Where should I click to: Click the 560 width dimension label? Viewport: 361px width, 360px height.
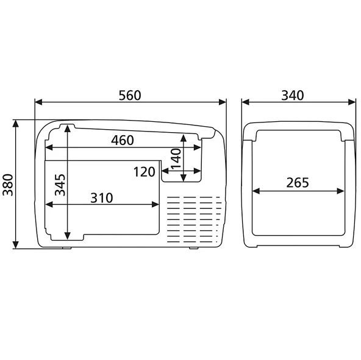tap(130, 96)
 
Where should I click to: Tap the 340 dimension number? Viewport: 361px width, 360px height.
tap(293, 96)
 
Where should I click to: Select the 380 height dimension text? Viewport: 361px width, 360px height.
tap(9, 185)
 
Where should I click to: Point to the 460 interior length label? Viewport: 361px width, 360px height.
tap(123, 140)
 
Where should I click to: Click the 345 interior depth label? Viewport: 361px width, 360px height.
tap(60, 185)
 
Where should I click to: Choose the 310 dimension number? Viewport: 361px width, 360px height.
tap(102, 198)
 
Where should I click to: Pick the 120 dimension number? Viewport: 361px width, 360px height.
tap(145, 172)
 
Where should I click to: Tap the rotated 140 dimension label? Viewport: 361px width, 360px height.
tap(176, 159)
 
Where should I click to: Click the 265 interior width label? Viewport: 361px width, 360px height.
tap(298, 183)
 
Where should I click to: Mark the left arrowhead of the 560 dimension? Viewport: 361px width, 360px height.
tap(38, 102)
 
